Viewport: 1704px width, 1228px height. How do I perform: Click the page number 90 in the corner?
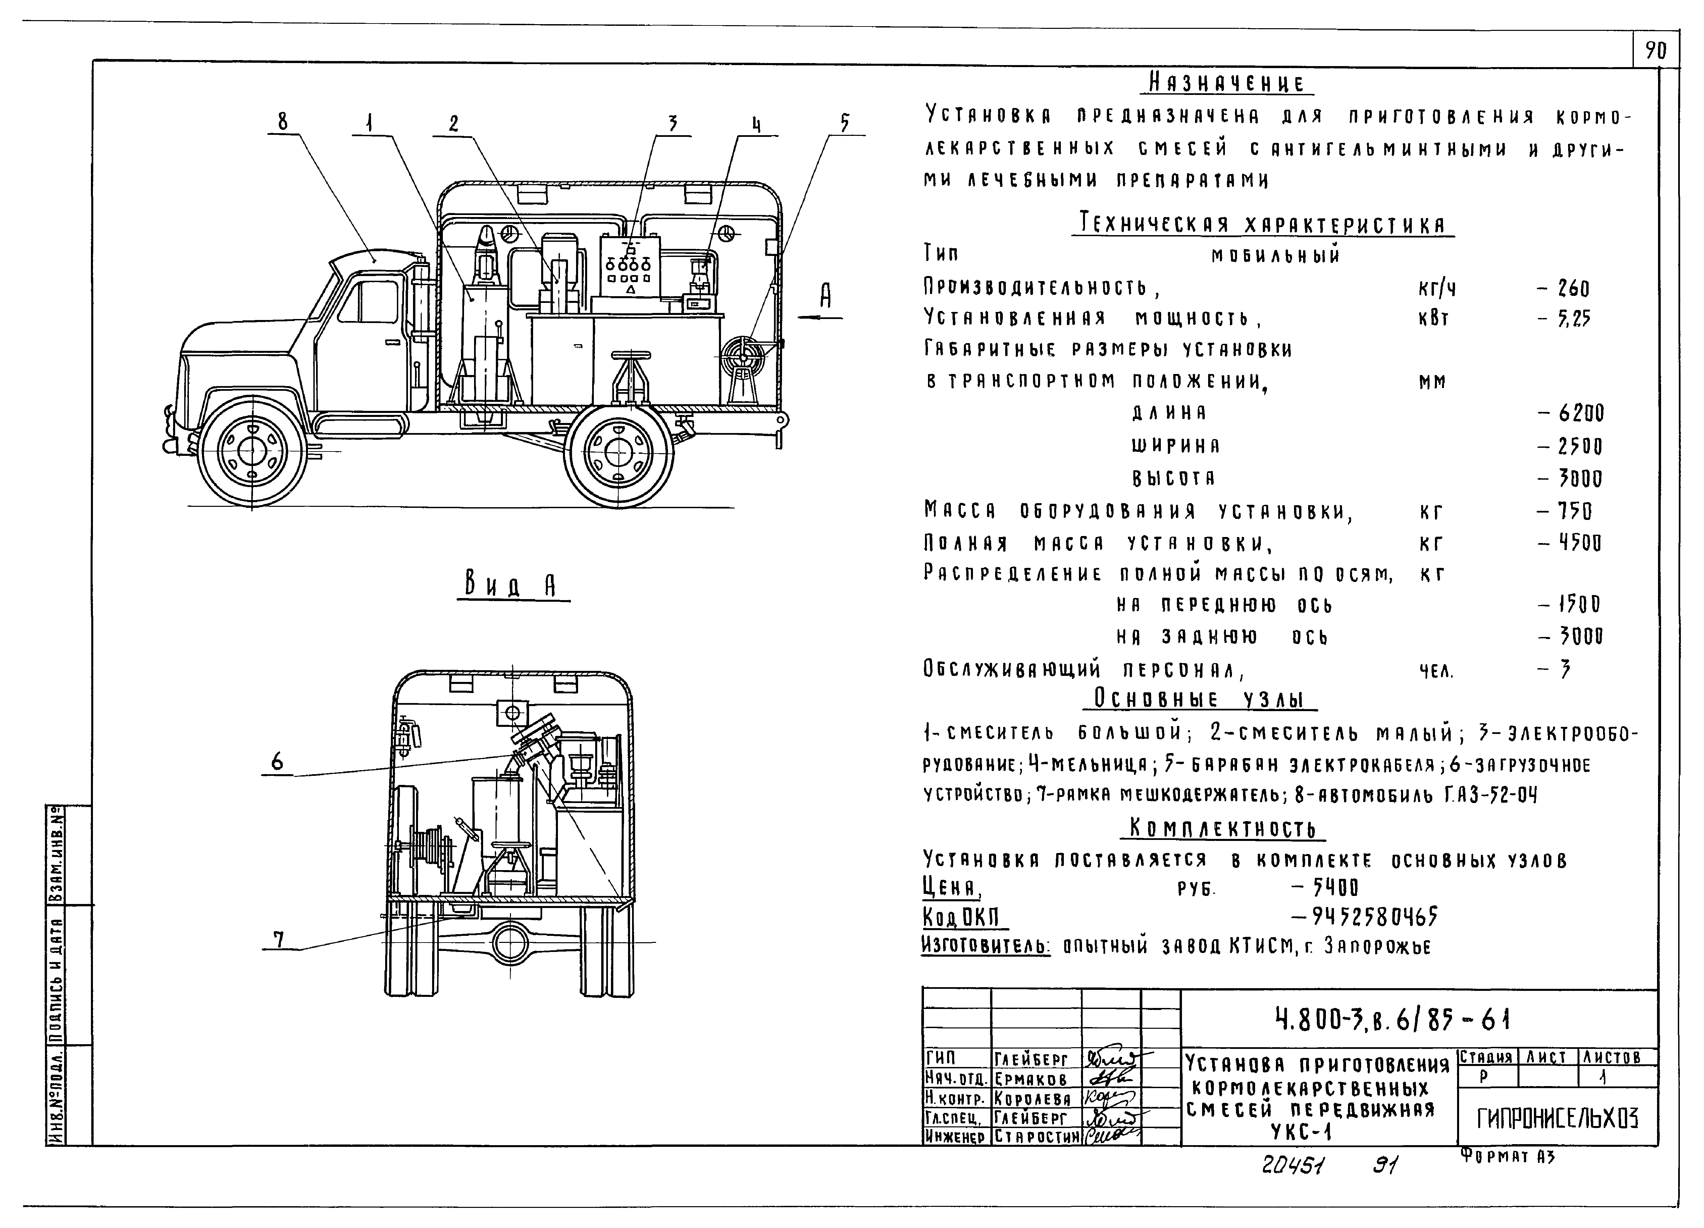pyautogui.click(x=1656, y=51)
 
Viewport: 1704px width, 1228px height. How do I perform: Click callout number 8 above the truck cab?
pyautogui.click(x=282, y=122)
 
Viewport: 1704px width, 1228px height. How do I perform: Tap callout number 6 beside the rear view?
pyautogui.click(x=277, y=761)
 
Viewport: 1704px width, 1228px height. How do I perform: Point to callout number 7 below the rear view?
pyautogui.click(x=279, y=939)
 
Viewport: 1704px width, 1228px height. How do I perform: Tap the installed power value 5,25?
pyautogui.click(x=1573, y=319)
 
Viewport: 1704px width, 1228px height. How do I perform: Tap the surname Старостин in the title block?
pyautogui.click(x=1036, y=1137)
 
